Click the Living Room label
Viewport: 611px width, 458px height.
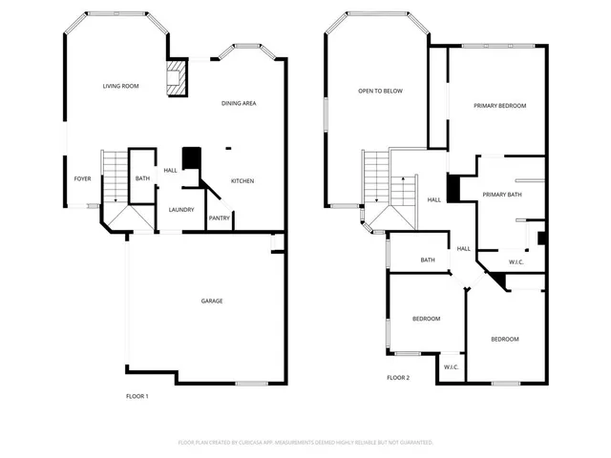tap(121, 86)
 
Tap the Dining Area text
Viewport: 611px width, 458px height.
tap(239, 103)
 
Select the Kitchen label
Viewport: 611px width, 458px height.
tap(242, 181)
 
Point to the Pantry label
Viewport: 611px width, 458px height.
tap(219, 218)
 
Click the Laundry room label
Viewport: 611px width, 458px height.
tap(181, 210)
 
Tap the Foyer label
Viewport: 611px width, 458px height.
tap(83, 178)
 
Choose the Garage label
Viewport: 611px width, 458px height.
tap(211, 301)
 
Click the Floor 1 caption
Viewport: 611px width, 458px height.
tap(137, 396)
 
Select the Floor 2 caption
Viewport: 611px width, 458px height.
tap(398, 378)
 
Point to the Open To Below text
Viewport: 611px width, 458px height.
tap(380, 91)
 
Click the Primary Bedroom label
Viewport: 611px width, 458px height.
tap(499, 105)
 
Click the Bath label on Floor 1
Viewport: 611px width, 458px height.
tap(142, 178)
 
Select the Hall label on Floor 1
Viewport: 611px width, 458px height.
tap(170, 170)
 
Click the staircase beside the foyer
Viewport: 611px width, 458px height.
tap(114, 176)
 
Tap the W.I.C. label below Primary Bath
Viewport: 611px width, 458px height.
tap(516, 261)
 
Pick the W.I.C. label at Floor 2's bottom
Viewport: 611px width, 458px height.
tap(452, 366)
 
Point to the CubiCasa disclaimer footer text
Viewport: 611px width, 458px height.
tap(305, 443)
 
